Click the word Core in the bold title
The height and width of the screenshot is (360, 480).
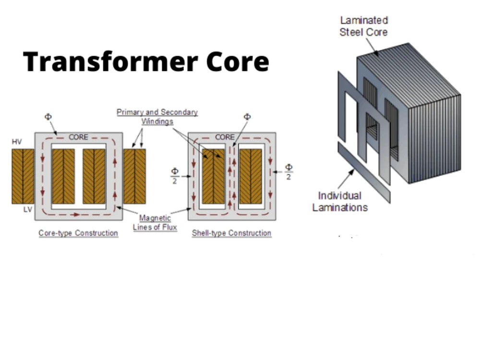coord(237,62)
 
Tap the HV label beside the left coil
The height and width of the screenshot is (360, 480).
coord(17,142)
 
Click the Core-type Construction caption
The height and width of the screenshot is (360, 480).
coord(78,233)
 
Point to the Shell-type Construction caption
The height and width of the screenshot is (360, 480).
coord(231,233)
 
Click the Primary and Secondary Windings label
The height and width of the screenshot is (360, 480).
coord(157,116)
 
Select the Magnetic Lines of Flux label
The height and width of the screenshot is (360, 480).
coord(155,223)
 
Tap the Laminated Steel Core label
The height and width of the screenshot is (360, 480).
coord(363,26)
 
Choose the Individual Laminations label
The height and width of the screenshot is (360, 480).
coord(340,202)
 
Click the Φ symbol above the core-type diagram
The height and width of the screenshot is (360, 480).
coord(48,117)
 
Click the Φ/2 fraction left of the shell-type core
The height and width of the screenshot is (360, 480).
coord(175,176)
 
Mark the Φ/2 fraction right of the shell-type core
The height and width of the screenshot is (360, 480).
coord(288,172)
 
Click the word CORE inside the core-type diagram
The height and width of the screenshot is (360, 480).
coord(78,137)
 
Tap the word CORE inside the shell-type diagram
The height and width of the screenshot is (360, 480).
coord(225,137)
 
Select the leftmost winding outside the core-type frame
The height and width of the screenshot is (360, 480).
coord(23,176)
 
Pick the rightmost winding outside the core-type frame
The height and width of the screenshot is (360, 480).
coord(135,176)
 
